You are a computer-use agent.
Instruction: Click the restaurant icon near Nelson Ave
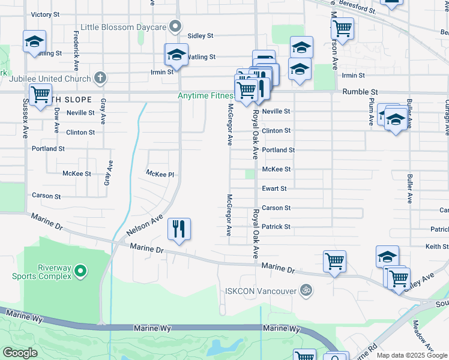179,229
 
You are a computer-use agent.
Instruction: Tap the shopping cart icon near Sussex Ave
40,94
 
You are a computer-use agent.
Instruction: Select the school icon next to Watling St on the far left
34,41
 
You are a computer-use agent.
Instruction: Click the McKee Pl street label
160,174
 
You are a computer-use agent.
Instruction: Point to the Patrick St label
276,227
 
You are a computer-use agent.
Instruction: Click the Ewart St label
274,188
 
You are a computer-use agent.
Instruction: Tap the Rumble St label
360,92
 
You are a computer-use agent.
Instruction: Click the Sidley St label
200,36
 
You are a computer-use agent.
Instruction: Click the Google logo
20,353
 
